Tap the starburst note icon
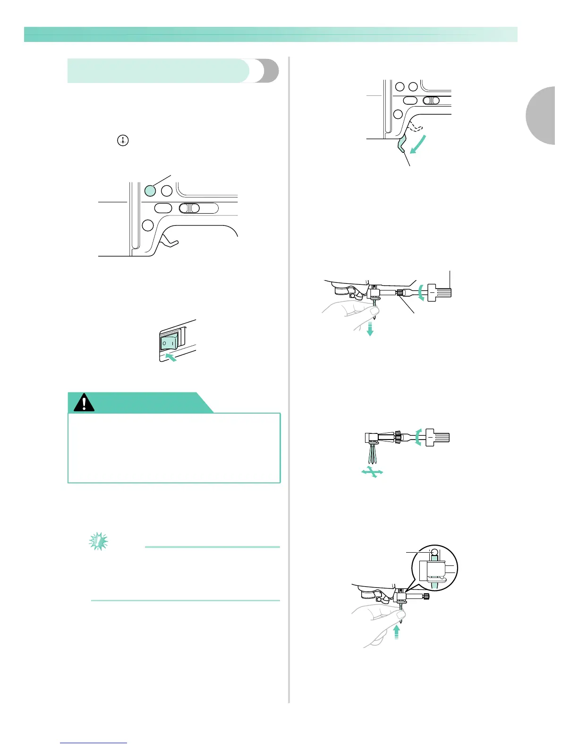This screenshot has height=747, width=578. (x=98, y=542)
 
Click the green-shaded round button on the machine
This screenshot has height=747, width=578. (x=150, y=191)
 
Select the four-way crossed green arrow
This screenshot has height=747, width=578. (x=372, y=472)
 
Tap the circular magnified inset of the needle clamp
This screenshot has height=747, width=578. (x=434, y=568)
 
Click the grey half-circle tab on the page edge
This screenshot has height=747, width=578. (x=541, y=116)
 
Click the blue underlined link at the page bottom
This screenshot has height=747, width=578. (x=93, y=743)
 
